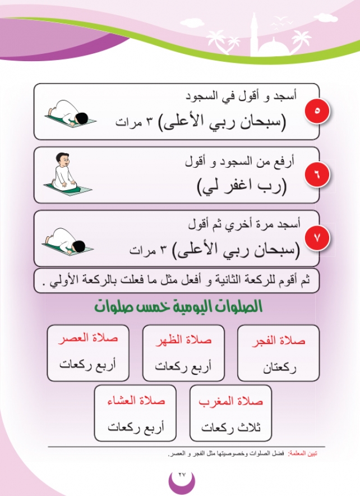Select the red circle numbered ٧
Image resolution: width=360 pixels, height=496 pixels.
click(316, 238)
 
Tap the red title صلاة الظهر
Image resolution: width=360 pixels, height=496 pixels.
click(184, 341)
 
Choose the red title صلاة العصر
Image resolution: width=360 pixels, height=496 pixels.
click(88, 339)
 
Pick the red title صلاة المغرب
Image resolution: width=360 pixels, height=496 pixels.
click(230, 402)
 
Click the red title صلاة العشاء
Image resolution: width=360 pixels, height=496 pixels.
click(135, 402)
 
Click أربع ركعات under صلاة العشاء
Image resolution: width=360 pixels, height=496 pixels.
click(135, 428)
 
